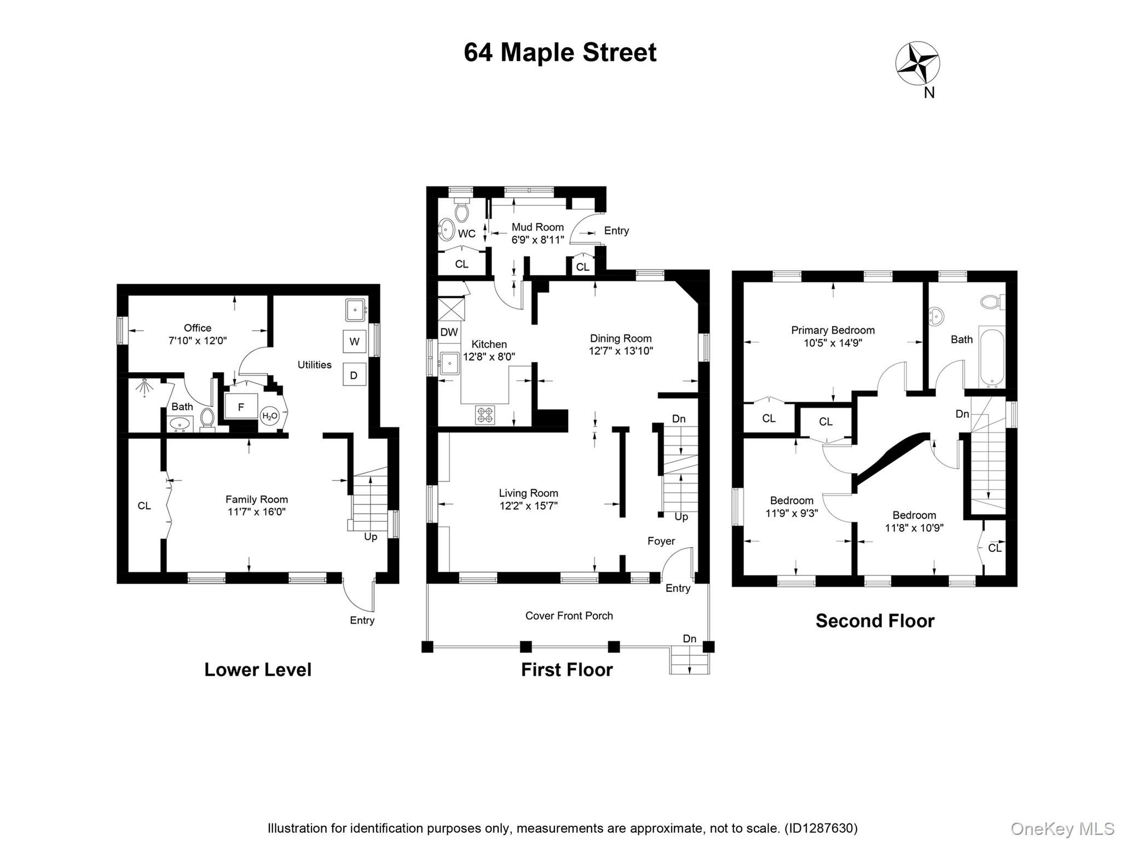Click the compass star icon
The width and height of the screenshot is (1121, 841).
click(x=917, y=64)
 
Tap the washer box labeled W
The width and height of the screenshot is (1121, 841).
click(x=354, y=342)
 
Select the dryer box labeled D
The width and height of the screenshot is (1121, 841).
click(x=354, y=375)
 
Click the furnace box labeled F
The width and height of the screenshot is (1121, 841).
click(x=241, y=407)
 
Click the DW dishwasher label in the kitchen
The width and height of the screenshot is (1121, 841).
click(x=449, y=332)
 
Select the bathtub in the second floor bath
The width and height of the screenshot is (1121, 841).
click(x=992, y=356)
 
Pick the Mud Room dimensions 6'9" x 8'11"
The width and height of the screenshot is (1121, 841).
click(x=538, y=240)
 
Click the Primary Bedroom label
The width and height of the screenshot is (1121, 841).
click(x=833, y=330)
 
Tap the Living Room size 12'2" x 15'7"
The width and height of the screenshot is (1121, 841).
click(x=528, y=506)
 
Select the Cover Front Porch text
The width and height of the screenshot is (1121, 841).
click(x=569, y=615)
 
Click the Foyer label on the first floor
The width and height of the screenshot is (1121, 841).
click(x=661, y=541)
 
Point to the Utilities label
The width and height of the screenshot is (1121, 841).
click(x=314, y=365)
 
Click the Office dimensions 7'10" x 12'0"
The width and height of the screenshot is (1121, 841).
click(x=197, y=341)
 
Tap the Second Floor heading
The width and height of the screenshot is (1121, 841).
click(x=875, y=621)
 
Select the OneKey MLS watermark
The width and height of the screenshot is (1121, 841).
click(x=1062, y=828)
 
